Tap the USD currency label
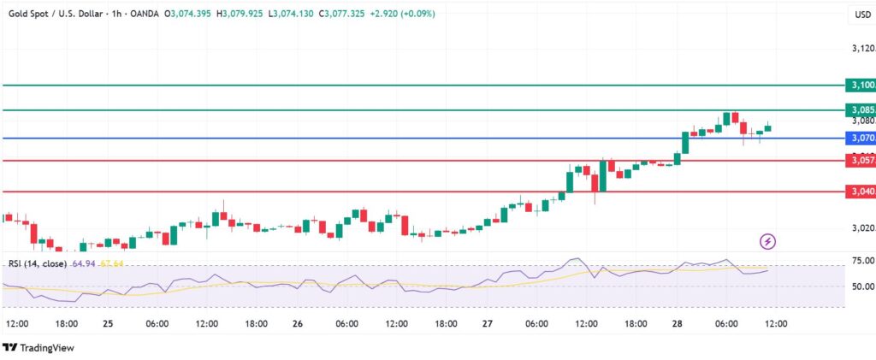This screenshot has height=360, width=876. [x=861, y=15]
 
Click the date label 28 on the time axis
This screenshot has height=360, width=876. [x=676, y=324]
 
